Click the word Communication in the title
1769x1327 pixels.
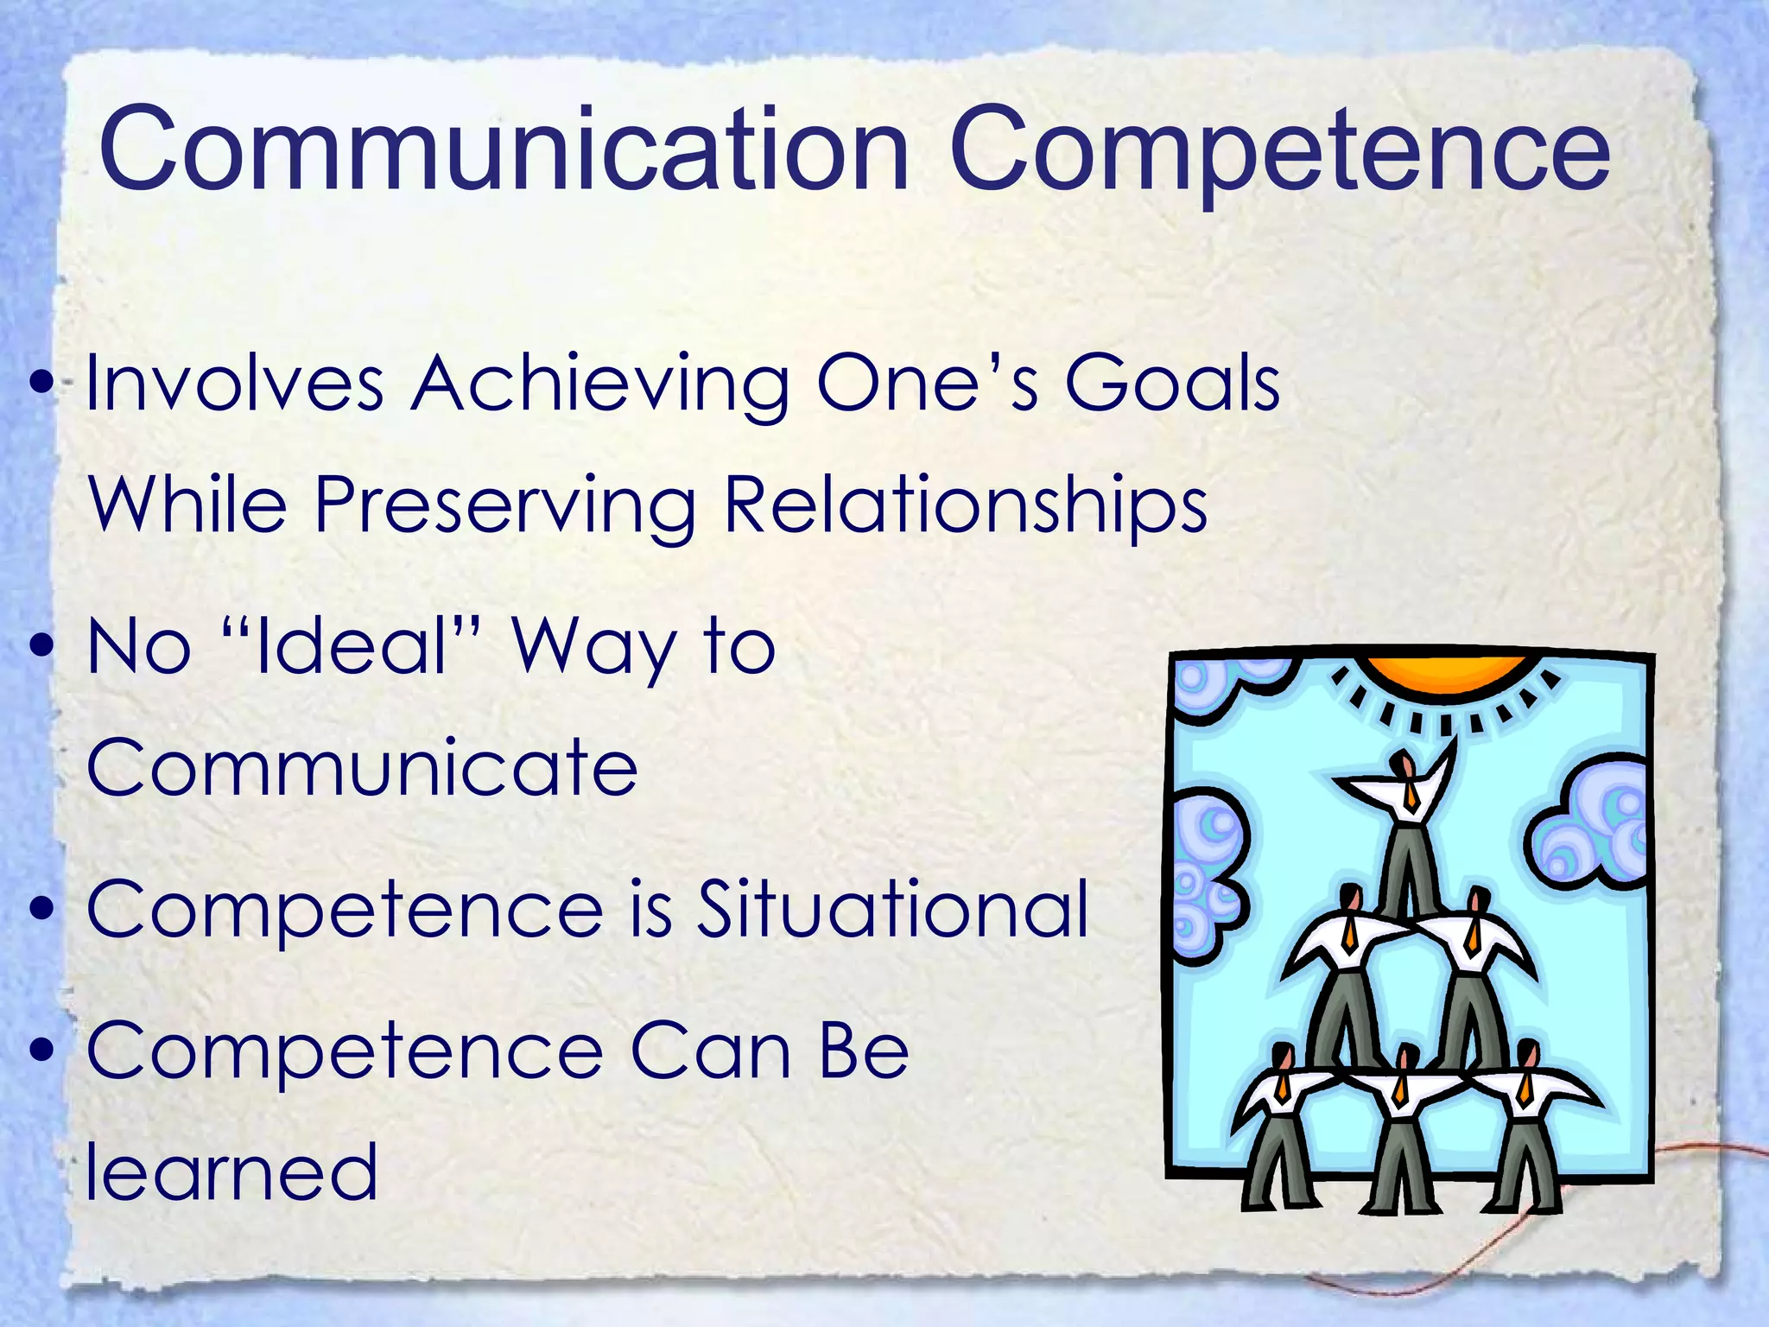tap(504, 149)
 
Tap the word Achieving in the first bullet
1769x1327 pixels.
tap(599, 384)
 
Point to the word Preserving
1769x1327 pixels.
tap(504, 505)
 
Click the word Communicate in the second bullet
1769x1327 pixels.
tap(362, 767)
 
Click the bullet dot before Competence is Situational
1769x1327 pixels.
tap(41, 910)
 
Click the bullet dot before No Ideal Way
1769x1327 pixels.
tap(41, 647)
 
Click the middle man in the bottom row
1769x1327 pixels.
tap(1403, 1123)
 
